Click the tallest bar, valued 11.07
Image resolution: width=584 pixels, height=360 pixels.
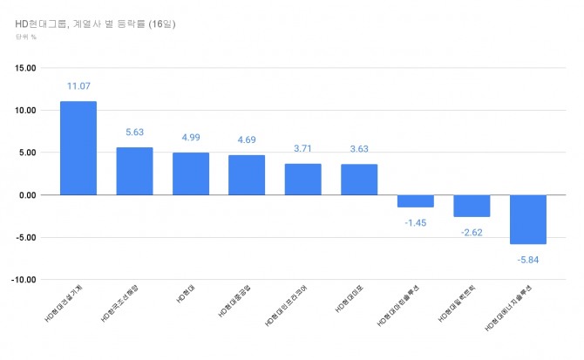click(x=78, y=148)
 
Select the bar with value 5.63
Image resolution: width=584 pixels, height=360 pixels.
click(x=134, y=171)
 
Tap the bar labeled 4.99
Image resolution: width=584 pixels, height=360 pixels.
click(x=191, y=173)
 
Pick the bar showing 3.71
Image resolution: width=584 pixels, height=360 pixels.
click(x=302, y=179)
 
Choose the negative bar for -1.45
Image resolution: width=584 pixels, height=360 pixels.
click(x=415, y=200)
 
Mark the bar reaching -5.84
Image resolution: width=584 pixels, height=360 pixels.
click(x=527, y=219)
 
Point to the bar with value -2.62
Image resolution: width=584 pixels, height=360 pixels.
click(x=472, y=206)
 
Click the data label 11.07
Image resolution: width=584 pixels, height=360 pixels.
click(x=78, y=86)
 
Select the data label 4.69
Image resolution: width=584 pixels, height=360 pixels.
click(x=247, y=139)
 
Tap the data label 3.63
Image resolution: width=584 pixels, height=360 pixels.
click(x=359, y=148)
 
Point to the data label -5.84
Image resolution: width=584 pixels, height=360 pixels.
click(x=527, y=259)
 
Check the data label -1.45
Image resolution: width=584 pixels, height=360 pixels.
click(x=415, y=222)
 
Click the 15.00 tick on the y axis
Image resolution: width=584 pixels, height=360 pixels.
click(x=24, y=68)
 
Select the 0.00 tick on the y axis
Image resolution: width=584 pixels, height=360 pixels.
click(x=26, y=195)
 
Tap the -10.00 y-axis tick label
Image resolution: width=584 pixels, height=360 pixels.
click(x=24, y=280)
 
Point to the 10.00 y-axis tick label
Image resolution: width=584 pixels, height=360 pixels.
click(x=24, y=111)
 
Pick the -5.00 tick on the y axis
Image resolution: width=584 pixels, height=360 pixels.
click(x=25, y=237)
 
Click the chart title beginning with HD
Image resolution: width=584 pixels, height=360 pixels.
click(x=96, y=24)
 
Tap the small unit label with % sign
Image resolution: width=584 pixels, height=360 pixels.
click(x=25, y=37)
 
